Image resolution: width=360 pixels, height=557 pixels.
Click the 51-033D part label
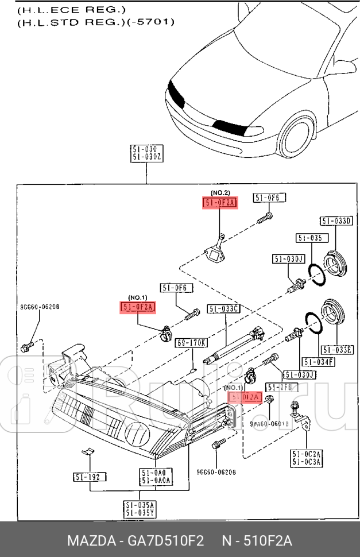point(336,221)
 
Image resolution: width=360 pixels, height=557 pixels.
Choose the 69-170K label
point(191,343)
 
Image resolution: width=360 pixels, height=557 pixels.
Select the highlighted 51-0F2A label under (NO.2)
point(220,202)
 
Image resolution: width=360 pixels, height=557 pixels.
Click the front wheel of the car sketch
point(298,141)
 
